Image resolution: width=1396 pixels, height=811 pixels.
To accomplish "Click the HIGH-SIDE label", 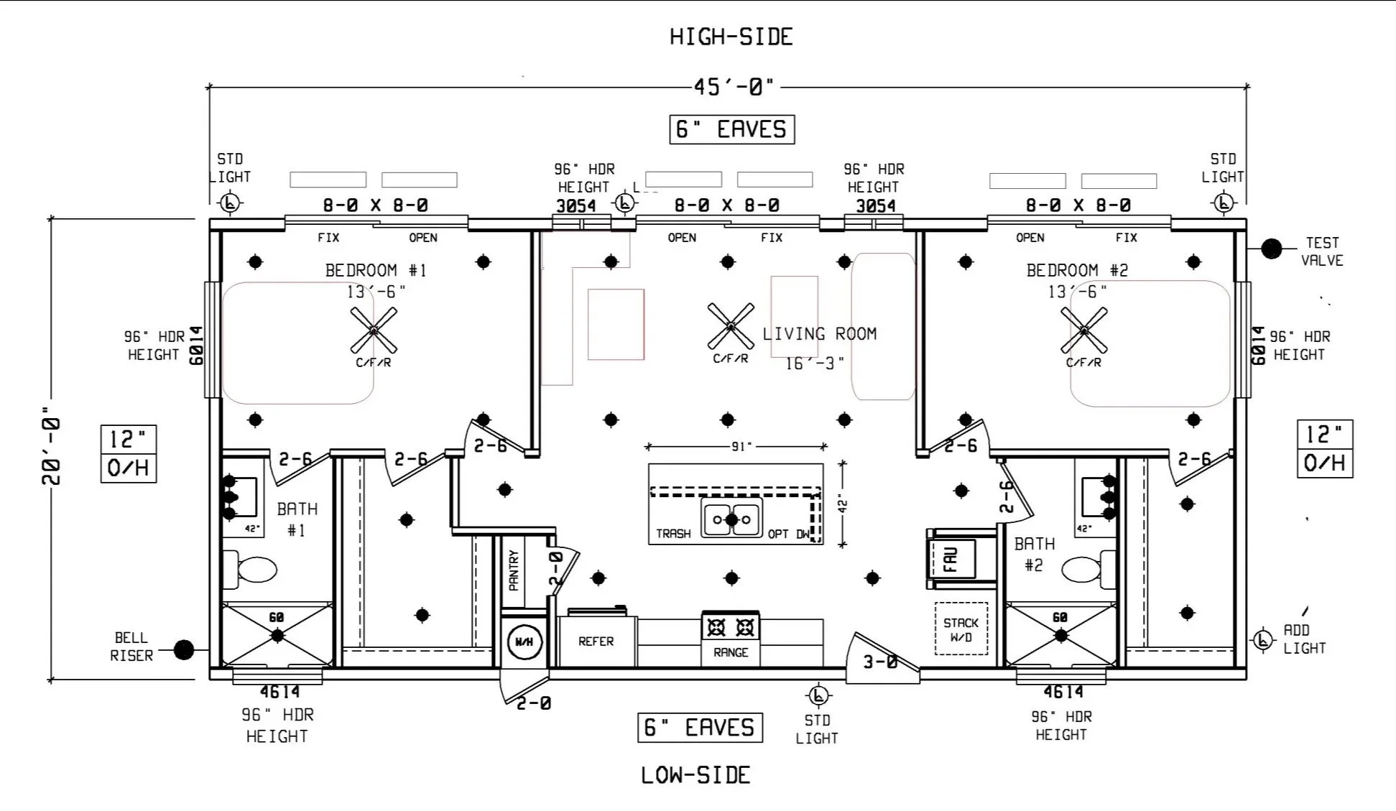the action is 731,37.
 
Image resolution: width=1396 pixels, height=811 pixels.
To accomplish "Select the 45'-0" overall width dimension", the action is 734,87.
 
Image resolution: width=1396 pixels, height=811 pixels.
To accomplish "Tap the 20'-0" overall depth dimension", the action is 51,446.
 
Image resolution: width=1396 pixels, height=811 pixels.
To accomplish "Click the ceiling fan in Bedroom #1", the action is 374,330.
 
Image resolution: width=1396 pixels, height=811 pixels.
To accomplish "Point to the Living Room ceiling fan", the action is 731,326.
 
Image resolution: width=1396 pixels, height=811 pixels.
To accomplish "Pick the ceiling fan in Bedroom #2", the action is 1084,330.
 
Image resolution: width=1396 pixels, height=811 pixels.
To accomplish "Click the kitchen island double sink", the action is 732,518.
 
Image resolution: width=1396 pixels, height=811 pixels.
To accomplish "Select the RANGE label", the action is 731,652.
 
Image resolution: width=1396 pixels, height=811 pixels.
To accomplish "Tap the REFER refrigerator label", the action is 596,641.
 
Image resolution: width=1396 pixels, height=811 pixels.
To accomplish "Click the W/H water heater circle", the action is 524,641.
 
